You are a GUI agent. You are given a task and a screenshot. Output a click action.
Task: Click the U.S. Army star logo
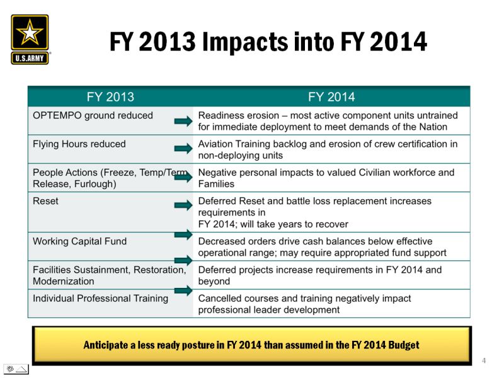click(30, 39)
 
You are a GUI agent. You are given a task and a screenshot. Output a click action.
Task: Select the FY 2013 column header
click(110, 97)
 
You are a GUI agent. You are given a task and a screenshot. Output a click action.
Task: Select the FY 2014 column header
click(331, 97)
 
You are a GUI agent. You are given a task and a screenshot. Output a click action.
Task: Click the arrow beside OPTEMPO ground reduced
click(183, 121)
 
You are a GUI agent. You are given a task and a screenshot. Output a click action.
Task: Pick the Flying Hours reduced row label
click(79, 144)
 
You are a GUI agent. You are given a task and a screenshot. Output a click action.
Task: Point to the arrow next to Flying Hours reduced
click(183, 149)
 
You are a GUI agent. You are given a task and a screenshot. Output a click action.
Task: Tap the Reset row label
click(45, 201)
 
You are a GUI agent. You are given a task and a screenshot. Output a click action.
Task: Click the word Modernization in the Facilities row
click(64, 281)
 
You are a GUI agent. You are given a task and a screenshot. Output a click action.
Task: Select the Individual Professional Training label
click(100, 298)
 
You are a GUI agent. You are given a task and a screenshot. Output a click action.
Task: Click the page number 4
click(484, 360)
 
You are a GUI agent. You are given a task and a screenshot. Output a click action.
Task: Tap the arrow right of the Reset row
click(183, 205)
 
